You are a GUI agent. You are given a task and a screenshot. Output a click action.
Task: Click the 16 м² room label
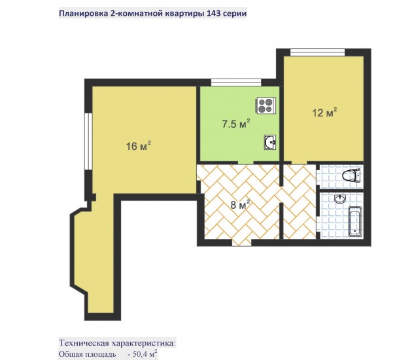click(139, 146)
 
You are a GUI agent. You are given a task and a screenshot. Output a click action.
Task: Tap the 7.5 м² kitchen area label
click(235, 124)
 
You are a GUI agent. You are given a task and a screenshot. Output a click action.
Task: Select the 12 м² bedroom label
click(324, 113)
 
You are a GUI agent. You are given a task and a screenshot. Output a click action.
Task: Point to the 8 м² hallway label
click(240, 205)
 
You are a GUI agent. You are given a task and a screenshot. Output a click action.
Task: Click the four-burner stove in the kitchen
click(266, 105)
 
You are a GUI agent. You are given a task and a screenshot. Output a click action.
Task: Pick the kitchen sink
click(270, 142)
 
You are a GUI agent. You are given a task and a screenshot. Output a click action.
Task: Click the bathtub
click(355, 221)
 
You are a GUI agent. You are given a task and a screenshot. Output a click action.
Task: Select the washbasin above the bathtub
click(341, 199)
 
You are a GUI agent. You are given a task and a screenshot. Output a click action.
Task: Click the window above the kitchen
click(236, 82)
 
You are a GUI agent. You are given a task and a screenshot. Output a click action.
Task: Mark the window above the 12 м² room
click(317, 52)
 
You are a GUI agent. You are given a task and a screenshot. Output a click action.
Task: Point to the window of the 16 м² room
click(89, 142)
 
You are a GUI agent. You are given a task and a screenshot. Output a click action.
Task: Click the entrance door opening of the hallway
click(242, 242)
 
